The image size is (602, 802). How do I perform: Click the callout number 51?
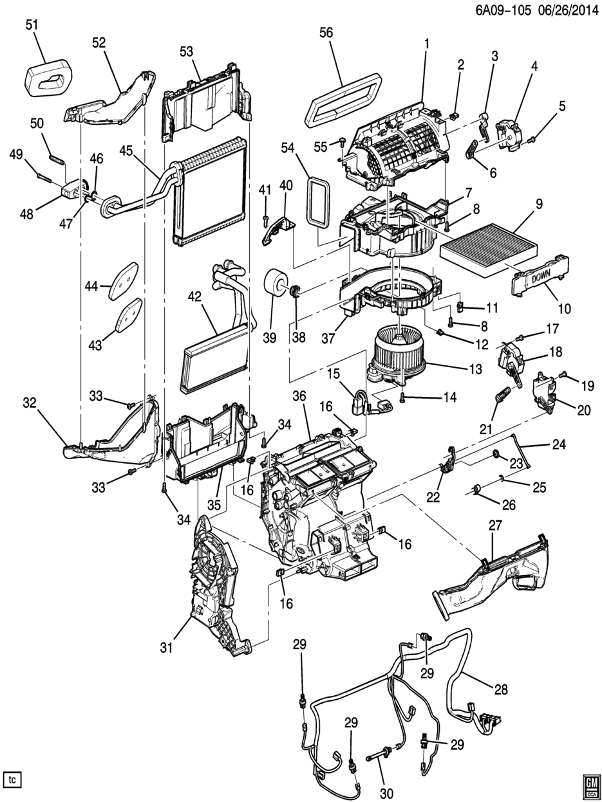point(32,25)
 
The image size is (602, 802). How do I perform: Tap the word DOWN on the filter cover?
point(531,277)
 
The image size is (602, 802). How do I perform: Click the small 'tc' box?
point(12,779)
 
